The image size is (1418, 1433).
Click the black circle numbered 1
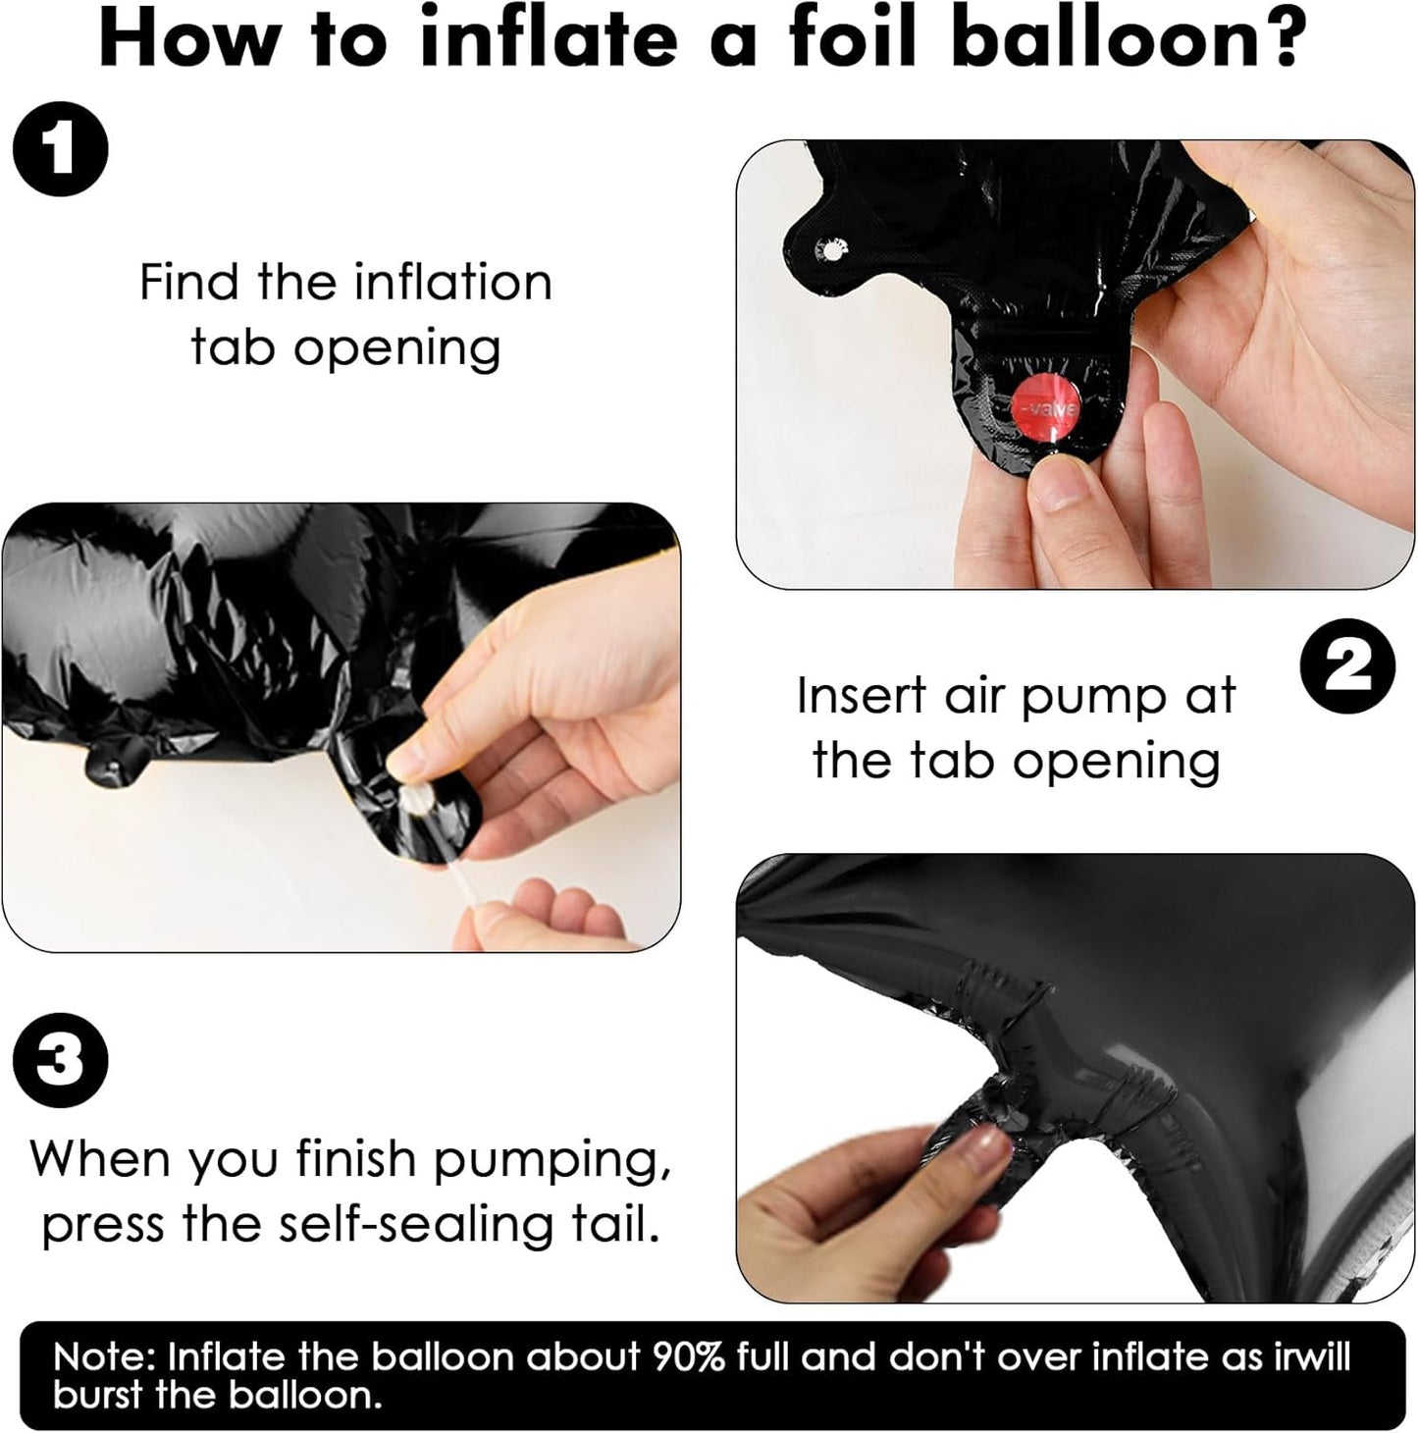pos(60,149)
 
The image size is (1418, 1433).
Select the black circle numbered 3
pos(60,1060)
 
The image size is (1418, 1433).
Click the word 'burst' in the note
pos(97,1395)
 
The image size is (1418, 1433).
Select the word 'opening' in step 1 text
pos(396,348)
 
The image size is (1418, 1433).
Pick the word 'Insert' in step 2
pos(862,696)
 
